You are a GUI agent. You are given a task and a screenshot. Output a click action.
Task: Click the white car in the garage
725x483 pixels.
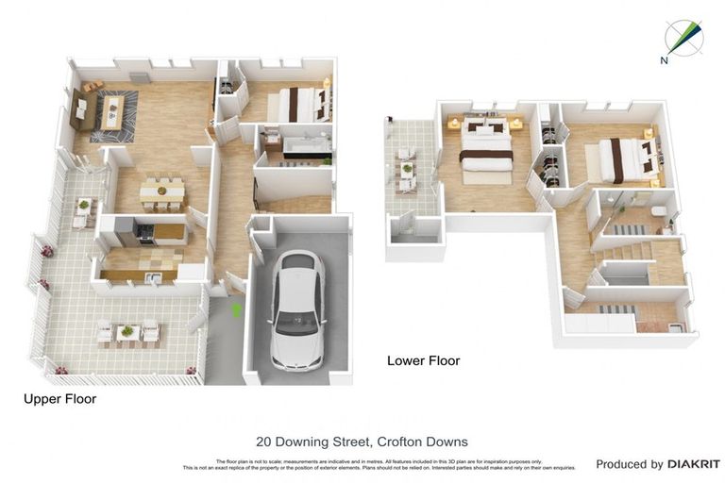(x=297, y=311)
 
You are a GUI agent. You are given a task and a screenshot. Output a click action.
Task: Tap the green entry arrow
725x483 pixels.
(x=237, y=308)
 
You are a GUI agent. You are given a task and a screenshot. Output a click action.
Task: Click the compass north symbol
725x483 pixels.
(x=682, y=37)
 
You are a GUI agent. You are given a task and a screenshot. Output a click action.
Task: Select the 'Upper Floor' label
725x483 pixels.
(x=59, y=399)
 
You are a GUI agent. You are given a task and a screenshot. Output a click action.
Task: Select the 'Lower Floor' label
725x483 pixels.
(x=423, y=360)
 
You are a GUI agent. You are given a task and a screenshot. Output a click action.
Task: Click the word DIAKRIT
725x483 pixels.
(x=694, y=464)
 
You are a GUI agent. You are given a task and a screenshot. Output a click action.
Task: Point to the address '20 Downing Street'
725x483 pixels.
(x=311, y=441)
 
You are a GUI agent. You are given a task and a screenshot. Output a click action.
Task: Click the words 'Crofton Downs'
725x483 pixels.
(x=422, y=441)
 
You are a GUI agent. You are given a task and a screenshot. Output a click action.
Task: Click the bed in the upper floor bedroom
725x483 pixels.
(x=299, y=104)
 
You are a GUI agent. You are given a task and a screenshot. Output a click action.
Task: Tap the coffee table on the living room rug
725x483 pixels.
(x=113, y=111)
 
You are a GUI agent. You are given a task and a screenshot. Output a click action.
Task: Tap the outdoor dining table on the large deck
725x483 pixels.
(x=126, y=332)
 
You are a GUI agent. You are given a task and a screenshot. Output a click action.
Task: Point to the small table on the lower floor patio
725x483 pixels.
(x=408, y=171)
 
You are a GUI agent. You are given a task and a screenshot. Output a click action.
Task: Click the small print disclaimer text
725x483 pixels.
(x=379, y=464)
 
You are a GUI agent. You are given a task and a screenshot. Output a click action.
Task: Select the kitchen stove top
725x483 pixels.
(x=146, y=231)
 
